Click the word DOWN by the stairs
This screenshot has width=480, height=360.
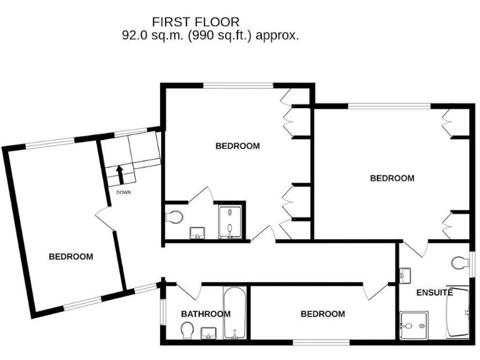pyautogui.click(x=123, y=192)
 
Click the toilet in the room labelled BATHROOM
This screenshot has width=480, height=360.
pyautogui.click(x=187, y=329)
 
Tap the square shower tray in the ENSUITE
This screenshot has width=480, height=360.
pyautogui.click(x=415, y=325)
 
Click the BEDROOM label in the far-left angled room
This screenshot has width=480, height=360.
pyautogui.click(x=71, y=256)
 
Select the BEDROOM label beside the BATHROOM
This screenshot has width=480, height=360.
pyautogui.click(x=322, y=314)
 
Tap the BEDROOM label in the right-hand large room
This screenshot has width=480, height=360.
pyautogui.click(x=392, y=178)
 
